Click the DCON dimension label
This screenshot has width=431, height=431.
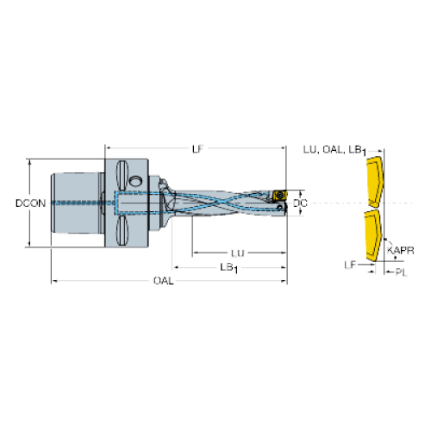click(x=30, y=203)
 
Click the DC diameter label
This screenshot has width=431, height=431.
click(x=300, y=203)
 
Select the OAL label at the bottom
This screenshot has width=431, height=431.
click(x=164, y=280)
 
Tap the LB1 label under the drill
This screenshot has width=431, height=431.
click(x=229, y=268)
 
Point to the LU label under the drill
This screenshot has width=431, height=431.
click(x=238, y=253)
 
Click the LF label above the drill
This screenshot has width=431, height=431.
click(x=197, y=149)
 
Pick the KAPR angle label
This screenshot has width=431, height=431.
click(x=401, y=251)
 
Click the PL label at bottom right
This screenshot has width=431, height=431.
click(x=402, y=272)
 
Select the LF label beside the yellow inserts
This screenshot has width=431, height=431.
click(x=350, y=265)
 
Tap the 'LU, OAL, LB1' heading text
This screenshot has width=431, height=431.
click(x=334, y=150)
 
